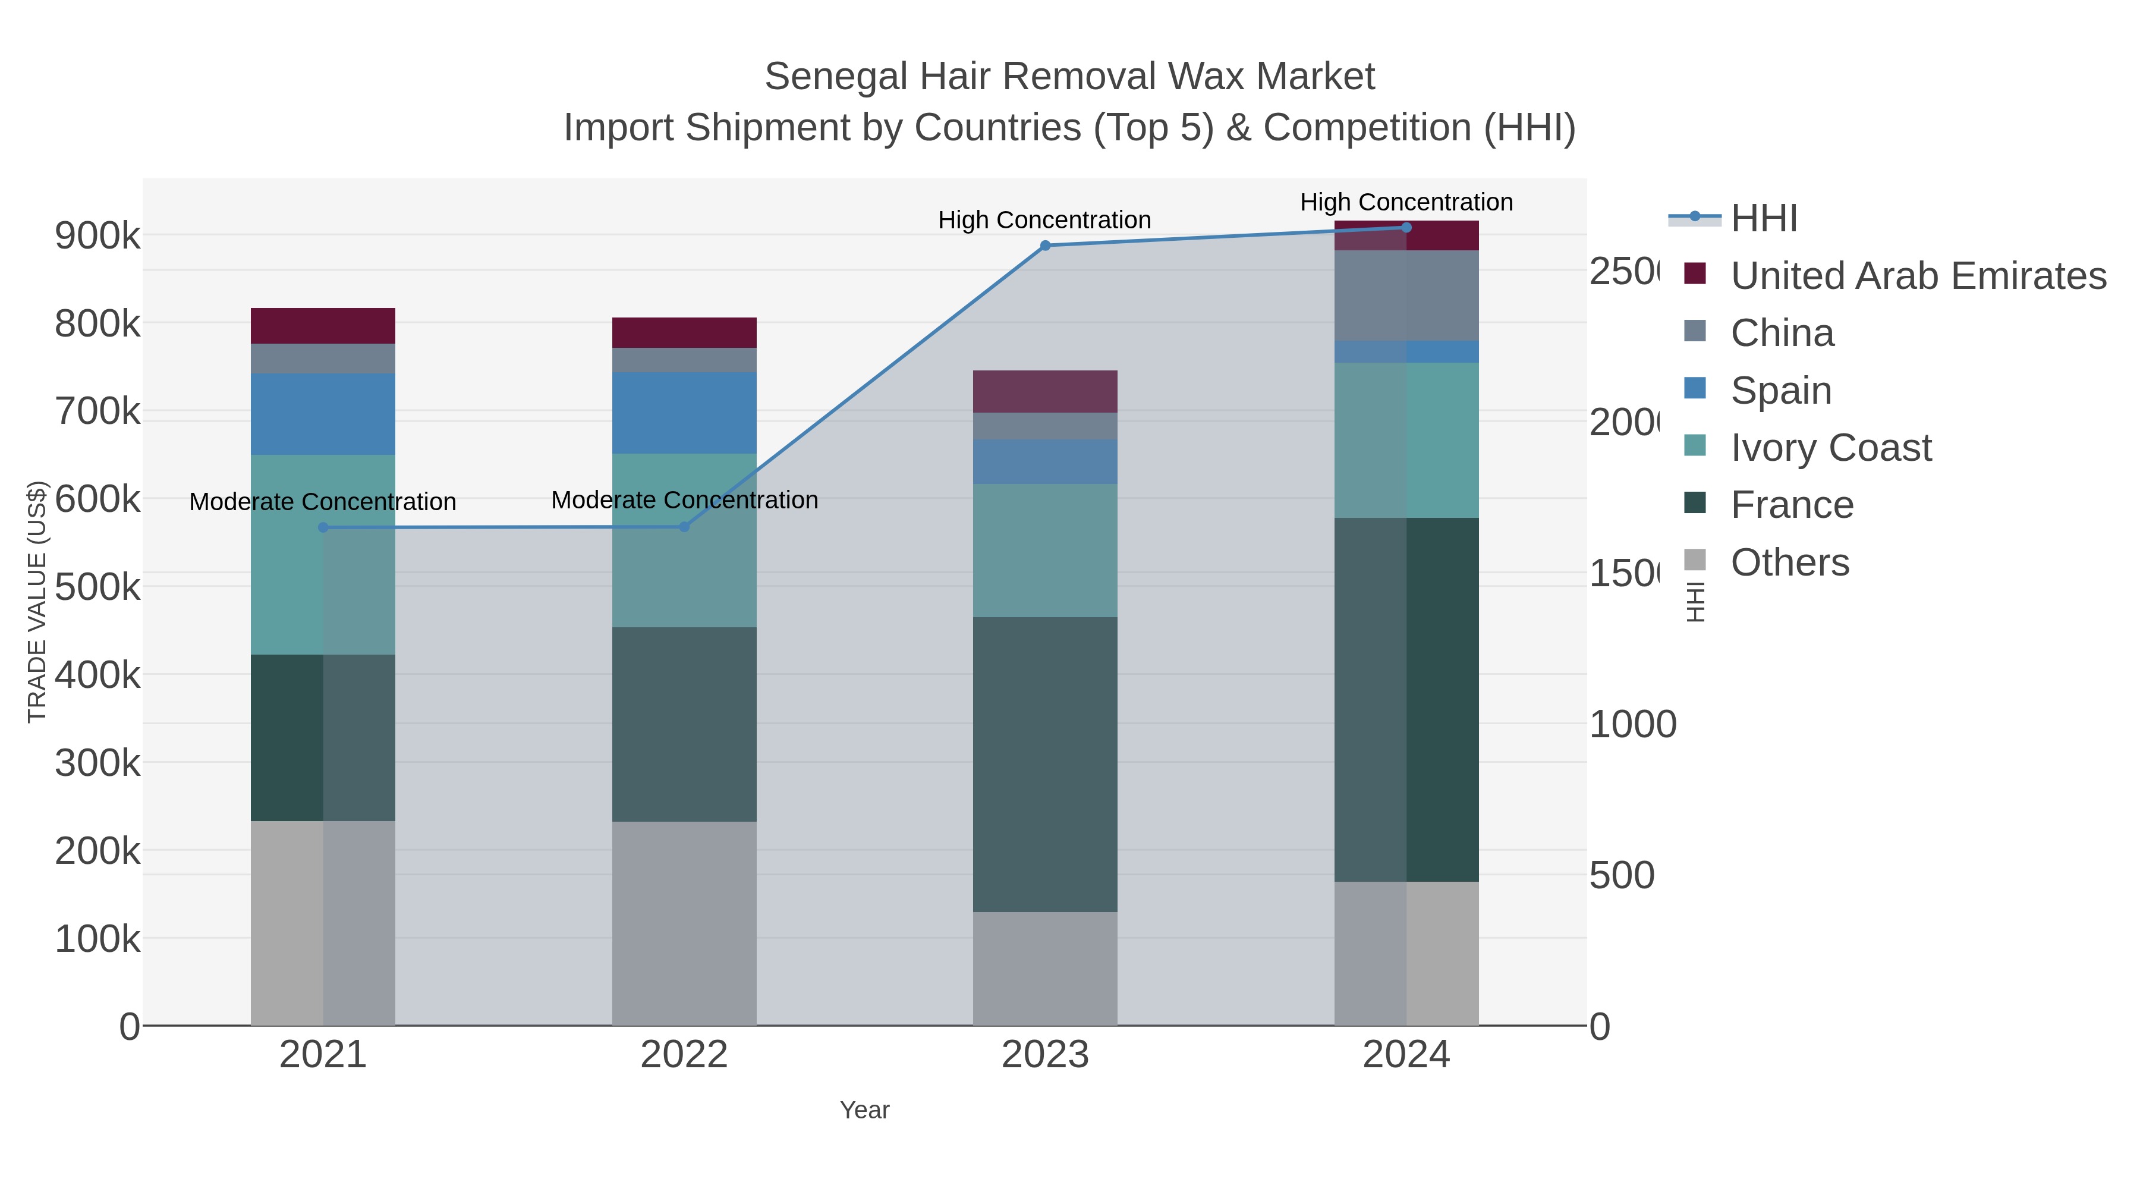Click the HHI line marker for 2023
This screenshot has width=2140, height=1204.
pos(1045,245)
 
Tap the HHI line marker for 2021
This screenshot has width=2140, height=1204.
pos(323,527)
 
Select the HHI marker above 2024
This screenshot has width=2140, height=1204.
pos(1406,227)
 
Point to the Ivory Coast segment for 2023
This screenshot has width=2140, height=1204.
pos(1045,550)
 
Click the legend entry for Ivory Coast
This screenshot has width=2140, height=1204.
pos(1830,447)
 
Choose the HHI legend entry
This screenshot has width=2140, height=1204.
pos(1763,218)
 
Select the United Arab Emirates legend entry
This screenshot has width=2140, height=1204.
pos(1917,275)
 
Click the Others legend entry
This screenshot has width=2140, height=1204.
pos(1789,562)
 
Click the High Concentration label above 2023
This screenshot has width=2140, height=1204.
pos(1044,219)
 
